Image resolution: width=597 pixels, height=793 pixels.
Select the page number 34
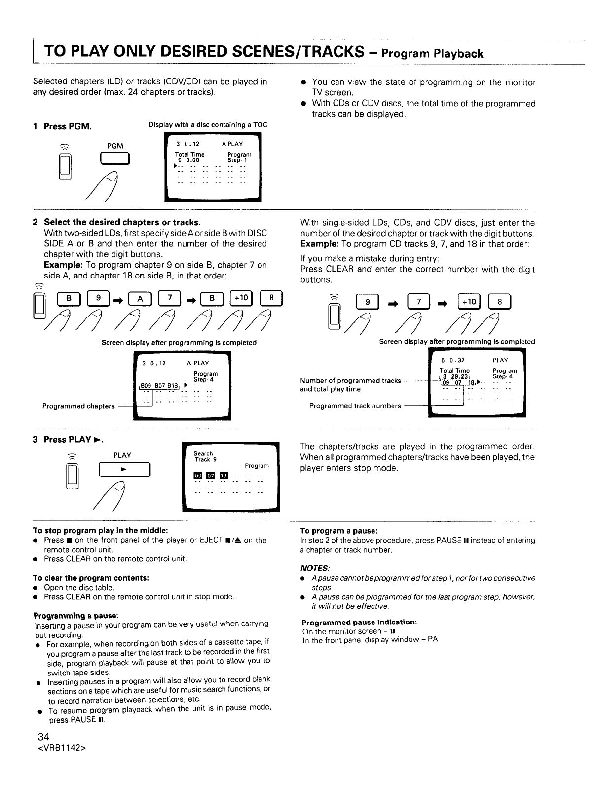click(44, 738)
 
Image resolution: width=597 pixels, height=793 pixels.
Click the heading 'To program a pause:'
click(339, 531)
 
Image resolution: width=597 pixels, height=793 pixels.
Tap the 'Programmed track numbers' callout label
click(355, 406)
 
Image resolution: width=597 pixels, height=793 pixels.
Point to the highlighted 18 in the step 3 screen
click(223, 476)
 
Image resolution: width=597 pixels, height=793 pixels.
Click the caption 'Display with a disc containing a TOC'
click(208, 125)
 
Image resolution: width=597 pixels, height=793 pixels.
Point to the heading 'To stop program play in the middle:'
click(101, 531)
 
